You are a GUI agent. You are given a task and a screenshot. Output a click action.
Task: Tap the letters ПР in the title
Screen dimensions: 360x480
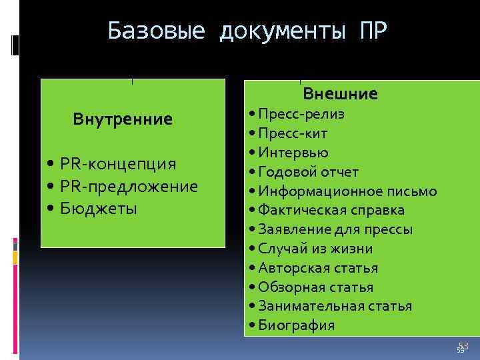point(372,31)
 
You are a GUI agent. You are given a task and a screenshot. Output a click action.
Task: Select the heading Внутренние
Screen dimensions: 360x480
point(123,119)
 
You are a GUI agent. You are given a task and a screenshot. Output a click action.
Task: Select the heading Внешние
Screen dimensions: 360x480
point(340,94)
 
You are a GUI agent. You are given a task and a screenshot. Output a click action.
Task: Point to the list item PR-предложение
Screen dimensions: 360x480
point(129,186)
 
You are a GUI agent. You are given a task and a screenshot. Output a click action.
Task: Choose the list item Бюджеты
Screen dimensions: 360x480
point(98,209)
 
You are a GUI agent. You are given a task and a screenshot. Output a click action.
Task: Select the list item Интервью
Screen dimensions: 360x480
point(293,153)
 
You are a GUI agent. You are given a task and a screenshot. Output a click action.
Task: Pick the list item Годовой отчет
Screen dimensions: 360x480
point(309,172)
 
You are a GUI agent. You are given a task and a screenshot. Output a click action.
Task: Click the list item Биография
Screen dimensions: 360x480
point(297,326)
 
